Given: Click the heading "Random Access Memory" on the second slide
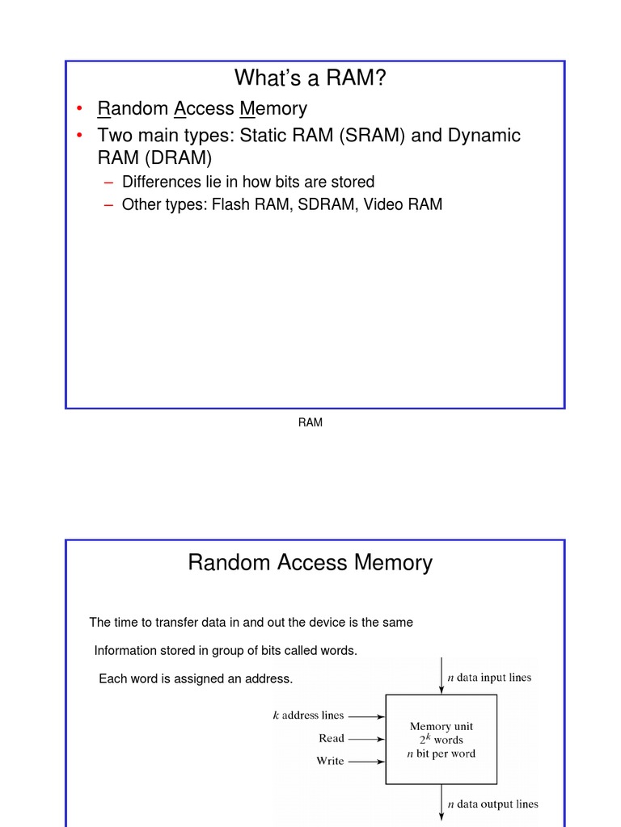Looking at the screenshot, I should (x=310, y=562).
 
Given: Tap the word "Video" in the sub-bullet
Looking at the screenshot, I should (x=383, y=204).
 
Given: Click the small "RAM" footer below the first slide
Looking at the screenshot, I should (x=310, y=422).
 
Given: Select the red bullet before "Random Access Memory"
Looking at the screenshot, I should (x=80, y=108).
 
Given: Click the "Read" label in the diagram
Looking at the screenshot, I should (x=332, y=738).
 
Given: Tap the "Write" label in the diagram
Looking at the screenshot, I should (x=330, y=761).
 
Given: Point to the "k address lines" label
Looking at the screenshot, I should (x=308, y=716).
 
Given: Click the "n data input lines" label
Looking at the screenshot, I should (x=489, y=678).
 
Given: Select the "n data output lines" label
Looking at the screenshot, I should (x=492, y=804).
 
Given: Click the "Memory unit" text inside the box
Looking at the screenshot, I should (x=441, y=726).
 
